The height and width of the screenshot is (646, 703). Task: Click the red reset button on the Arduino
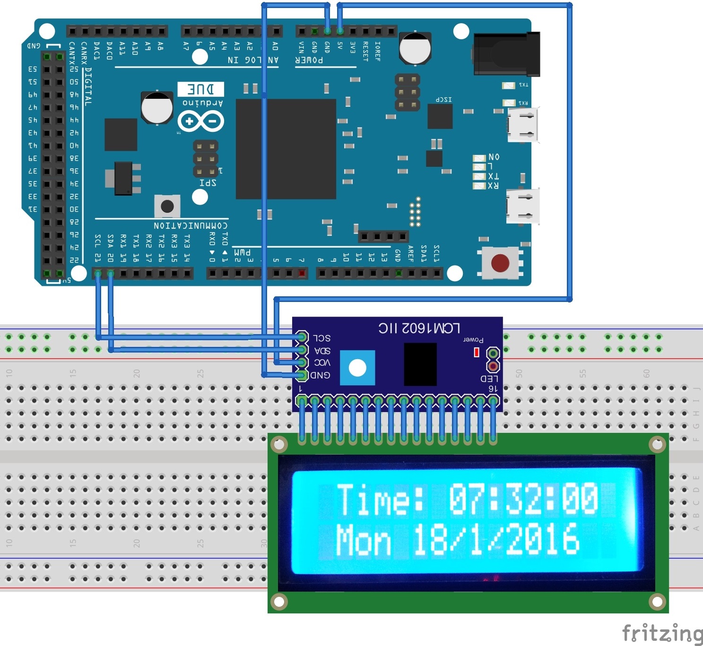tap(500, 263)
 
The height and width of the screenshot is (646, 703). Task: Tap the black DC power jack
tap(507, 54)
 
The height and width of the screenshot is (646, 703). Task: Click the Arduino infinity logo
tap(200, 121)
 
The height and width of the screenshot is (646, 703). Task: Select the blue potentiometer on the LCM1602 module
tap(357, 368)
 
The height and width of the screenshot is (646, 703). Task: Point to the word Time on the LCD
tap(373, 499)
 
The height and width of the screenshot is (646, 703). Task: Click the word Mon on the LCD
tap(363, 540)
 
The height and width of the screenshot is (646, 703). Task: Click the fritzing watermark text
tap(661, 633)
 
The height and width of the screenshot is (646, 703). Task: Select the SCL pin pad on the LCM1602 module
tap(302, 337)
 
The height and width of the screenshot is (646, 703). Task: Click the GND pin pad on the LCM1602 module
tap(302, 375)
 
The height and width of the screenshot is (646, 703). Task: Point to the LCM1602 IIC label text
tap(419, 328)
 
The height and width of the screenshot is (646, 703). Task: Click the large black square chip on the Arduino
tap(286, 149)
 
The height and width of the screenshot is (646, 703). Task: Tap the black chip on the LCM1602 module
tap(420, 364)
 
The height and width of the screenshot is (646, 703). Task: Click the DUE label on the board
tap(201, 89)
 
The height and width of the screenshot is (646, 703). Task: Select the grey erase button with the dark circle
tap(167, 207)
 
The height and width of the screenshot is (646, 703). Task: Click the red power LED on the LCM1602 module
tap(477, 352)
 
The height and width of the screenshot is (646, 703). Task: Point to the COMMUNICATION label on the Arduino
tap(190, 225)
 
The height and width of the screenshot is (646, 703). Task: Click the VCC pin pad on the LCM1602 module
tap(302, 362)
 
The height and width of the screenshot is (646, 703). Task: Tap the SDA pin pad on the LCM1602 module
tap(302, 350)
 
